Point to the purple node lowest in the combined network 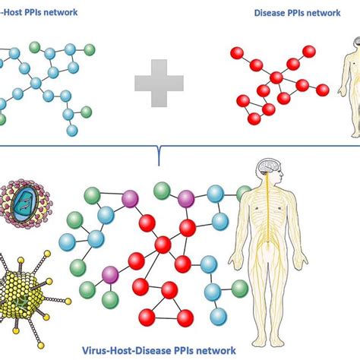click(x=111, y=273)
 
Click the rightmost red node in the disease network click(x=323, y=90)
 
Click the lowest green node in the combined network click(x=111, y=298)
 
